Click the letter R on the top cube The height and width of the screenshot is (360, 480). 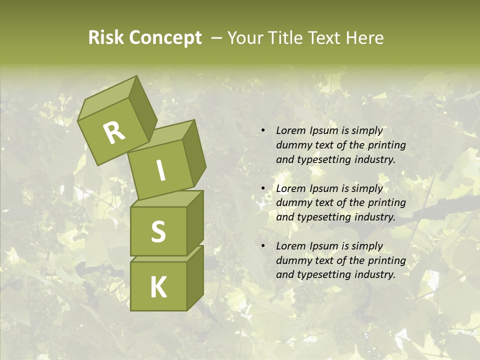pos(114,133)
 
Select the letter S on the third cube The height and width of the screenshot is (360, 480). pos(158,231)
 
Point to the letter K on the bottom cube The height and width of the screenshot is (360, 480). pos(158,287)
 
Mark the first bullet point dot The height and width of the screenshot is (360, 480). pos(263,131)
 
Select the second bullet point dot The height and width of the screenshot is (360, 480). pos(263,188)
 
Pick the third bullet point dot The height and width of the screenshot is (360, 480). pos(263,246)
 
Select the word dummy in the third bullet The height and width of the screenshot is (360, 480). pos(292,260)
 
